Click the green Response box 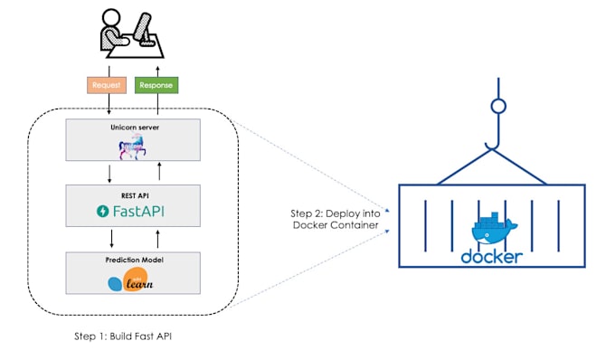pos(157,85)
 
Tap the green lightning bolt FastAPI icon pos(104,212)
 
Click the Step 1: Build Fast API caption pos(123,336)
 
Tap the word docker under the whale pos(491,256)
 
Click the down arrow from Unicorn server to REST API pos(110,172)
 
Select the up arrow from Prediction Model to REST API pos(158,239)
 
